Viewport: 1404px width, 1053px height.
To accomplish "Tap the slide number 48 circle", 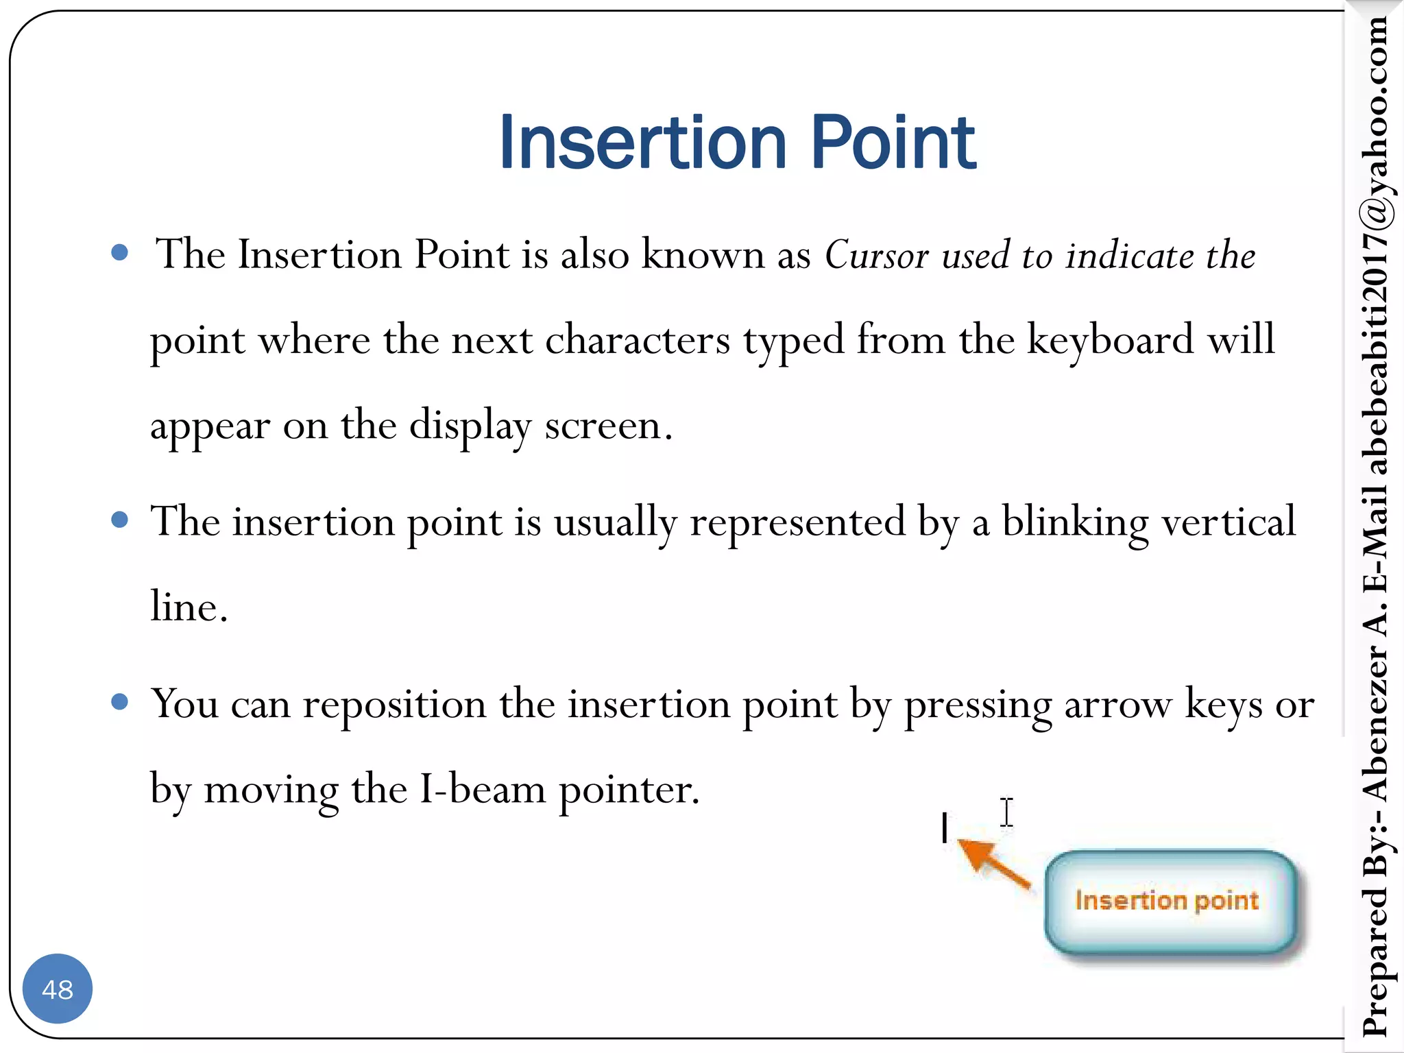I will coord(58,989).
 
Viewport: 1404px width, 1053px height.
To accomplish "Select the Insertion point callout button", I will coord(1169,901).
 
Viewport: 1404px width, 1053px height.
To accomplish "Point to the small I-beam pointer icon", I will coord(1006,812).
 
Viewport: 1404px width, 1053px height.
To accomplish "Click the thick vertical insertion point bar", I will coord(945,827).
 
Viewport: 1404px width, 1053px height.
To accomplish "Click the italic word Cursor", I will coord(876,255).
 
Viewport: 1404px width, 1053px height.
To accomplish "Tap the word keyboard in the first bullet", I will coord(1110,339).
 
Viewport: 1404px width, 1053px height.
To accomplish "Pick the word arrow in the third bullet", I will coord(1117,704).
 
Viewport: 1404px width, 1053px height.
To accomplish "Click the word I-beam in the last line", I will coord(483,790).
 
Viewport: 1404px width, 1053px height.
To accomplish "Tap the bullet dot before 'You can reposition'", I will coord(119,701).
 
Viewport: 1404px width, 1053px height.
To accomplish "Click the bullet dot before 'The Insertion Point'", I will coord(119,252).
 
